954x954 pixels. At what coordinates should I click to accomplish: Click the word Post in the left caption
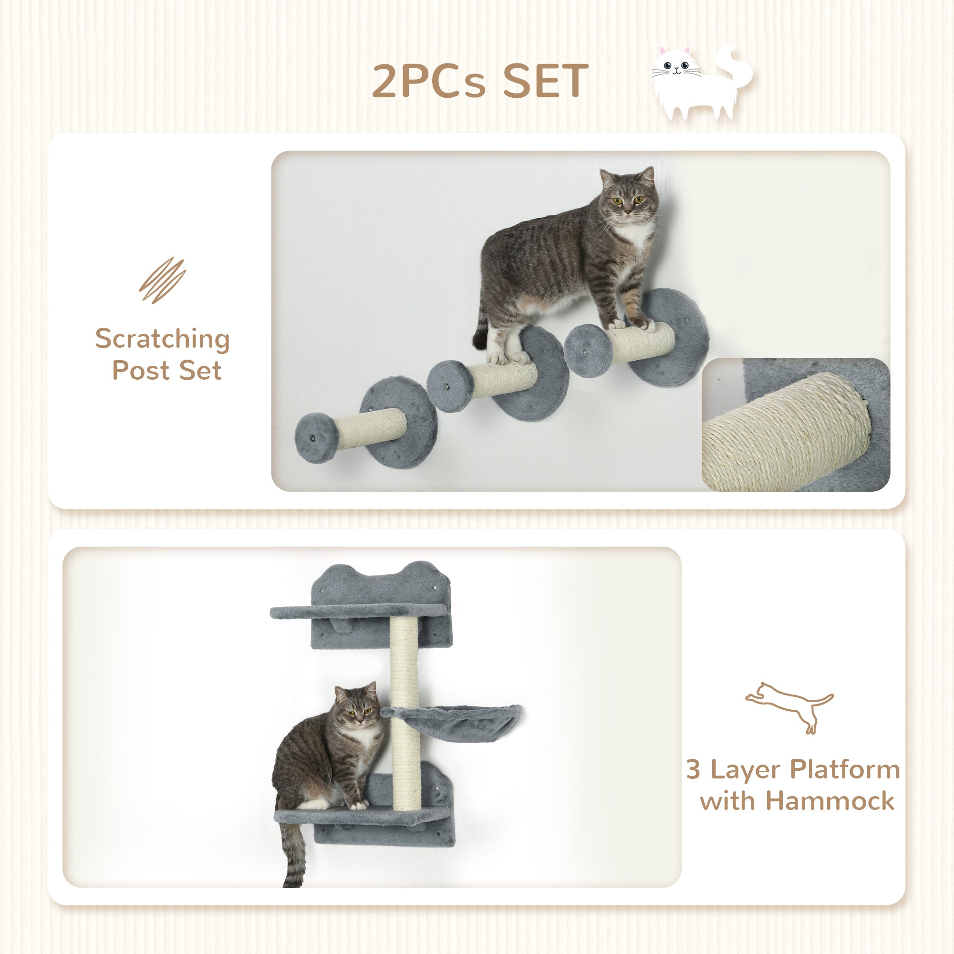[140, 370]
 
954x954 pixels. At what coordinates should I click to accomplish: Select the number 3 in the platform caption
[693, 769]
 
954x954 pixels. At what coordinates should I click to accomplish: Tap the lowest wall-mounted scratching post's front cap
[316, 437]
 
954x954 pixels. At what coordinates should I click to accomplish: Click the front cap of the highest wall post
[588, 350]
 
